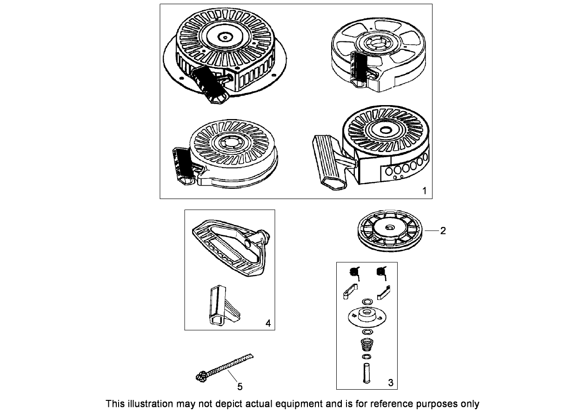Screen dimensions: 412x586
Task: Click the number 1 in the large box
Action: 424,191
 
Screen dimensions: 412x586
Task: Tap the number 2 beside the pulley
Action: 443,230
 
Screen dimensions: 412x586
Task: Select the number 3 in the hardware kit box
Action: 390,382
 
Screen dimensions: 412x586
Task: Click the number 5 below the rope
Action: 240,386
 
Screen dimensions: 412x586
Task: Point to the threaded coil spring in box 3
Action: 367,346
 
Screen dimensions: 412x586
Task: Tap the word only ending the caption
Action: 470,404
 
